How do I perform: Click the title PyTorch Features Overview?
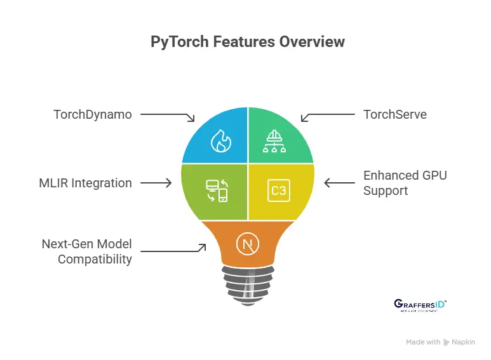tap(248, 43)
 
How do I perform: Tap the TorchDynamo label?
tap(93, 115)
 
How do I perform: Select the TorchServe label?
tap(394, 115)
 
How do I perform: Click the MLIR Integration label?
tap(85, 183)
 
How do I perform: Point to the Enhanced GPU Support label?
tap(405, 183)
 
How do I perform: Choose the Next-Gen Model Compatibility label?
tap(87, 251)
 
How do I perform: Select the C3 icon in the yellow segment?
tap(278, 190)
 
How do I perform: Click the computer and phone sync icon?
tap(217, 190)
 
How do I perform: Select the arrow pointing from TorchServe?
tap(327, 116)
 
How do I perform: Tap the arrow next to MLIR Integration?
tap(156, 183)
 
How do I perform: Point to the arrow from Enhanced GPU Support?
tap(340, 183)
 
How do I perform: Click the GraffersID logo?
tap(420, 305)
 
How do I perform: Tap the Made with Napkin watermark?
tap(440, 342)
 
